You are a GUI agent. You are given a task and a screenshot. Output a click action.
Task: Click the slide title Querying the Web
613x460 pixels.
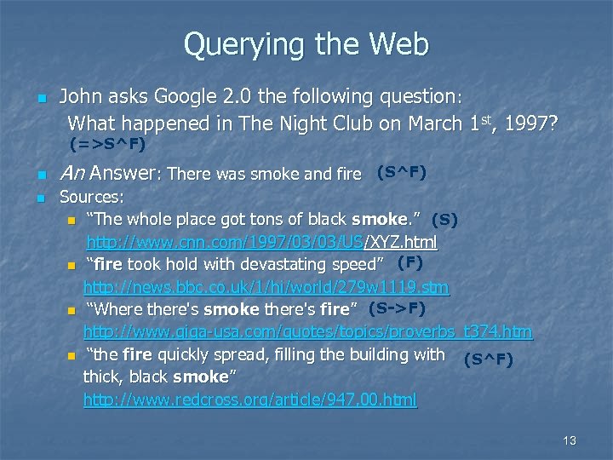306,43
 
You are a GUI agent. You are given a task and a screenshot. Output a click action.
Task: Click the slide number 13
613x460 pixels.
570,440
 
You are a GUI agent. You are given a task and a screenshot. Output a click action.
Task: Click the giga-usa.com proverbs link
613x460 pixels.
307,331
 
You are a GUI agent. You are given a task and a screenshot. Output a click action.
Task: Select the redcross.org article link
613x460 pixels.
250,399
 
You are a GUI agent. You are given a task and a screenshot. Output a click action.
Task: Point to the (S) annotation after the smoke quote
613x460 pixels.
445,220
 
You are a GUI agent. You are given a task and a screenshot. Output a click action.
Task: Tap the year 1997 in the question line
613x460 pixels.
530,124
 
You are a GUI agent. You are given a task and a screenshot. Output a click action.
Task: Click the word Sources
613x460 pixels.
90,197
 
